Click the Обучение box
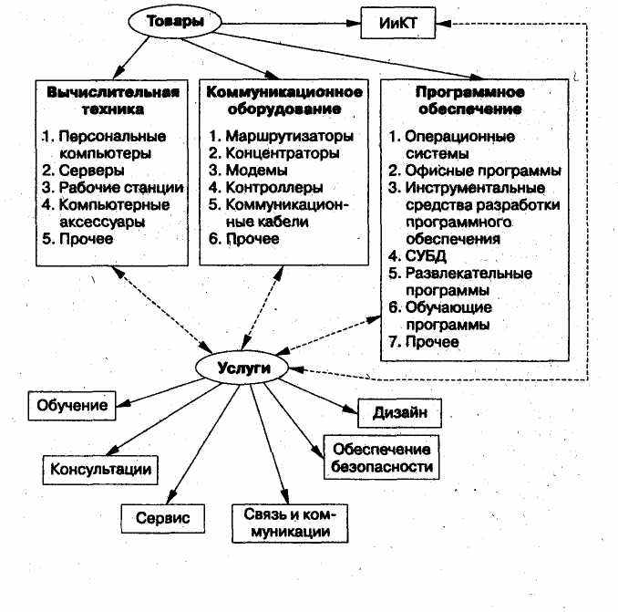74,404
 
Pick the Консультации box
98,470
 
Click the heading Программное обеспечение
468,100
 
